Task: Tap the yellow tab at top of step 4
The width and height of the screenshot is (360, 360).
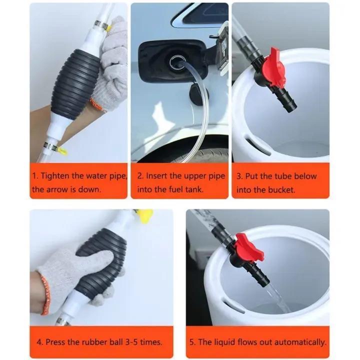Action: pos(145,215)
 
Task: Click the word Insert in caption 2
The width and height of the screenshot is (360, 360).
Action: pos(157,176)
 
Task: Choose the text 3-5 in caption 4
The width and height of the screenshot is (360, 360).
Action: pos(132,342)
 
